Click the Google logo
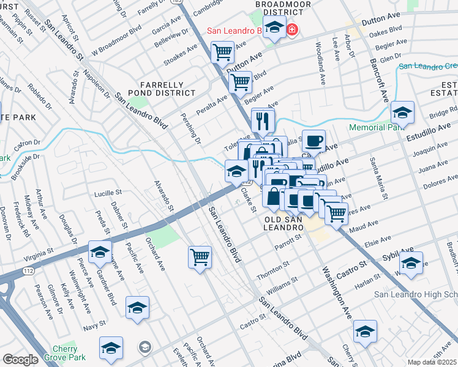click(x=20, y=360)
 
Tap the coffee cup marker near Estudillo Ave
click(x=313, y=141)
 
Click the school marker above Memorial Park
click(x=402, y=113)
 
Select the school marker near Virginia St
click(x=100, y=251)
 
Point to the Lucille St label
click(x=108, y=192)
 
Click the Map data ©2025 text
click(x=431, y=362)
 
